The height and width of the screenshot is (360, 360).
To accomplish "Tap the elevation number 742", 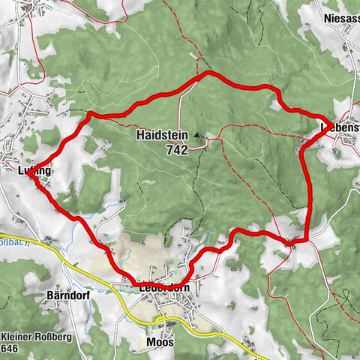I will coord(177,149).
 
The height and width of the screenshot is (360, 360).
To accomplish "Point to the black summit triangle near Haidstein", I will coord(197,136).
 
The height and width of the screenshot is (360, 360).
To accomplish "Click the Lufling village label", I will coord(34,171).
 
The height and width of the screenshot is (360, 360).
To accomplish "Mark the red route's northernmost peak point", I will coord(208,73).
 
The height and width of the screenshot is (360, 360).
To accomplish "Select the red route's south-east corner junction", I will coord(306,240).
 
